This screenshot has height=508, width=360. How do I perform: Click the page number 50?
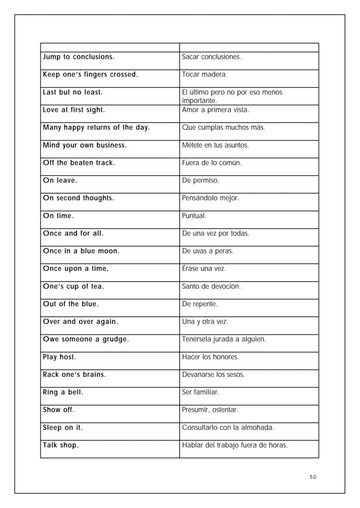(x=313, y=477)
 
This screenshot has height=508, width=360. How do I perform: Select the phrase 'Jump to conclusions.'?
(x=79, y=57)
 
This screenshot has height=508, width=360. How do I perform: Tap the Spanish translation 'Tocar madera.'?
(x=204, y=75)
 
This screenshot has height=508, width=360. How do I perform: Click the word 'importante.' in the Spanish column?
(x=199, y=101)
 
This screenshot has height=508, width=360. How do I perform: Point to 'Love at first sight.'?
(x=74, y=110)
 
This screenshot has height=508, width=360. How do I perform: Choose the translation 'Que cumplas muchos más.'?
(x=223, y=128)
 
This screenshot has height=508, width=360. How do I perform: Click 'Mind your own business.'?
(x=85, y=145)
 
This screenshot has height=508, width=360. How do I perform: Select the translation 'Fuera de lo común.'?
(x=212, y=163)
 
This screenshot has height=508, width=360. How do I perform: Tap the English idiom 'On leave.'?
(x=60, y=180)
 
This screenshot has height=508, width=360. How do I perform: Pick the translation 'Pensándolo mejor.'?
(x=210, y=198)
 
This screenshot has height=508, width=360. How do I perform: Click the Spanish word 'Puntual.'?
(x=194, y=216)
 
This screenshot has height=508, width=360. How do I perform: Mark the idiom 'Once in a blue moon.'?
(x=81, y=251)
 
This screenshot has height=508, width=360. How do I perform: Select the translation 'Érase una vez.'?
(x=204, y=269)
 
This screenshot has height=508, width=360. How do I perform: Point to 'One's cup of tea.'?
(x=73, y=286)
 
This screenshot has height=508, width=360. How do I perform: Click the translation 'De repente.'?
(x=200, y=304)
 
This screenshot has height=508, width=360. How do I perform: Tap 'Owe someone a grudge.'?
(x=86, y=339)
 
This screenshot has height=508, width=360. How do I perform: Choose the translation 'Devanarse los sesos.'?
(x=213, y=375)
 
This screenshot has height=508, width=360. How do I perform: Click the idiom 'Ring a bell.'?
(x=63, y=392)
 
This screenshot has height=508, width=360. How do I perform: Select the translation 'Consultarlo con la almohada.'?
(x=228, y=428)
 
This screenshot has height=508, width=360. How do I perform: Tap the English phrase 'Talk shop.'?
(x=61, y=445)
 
